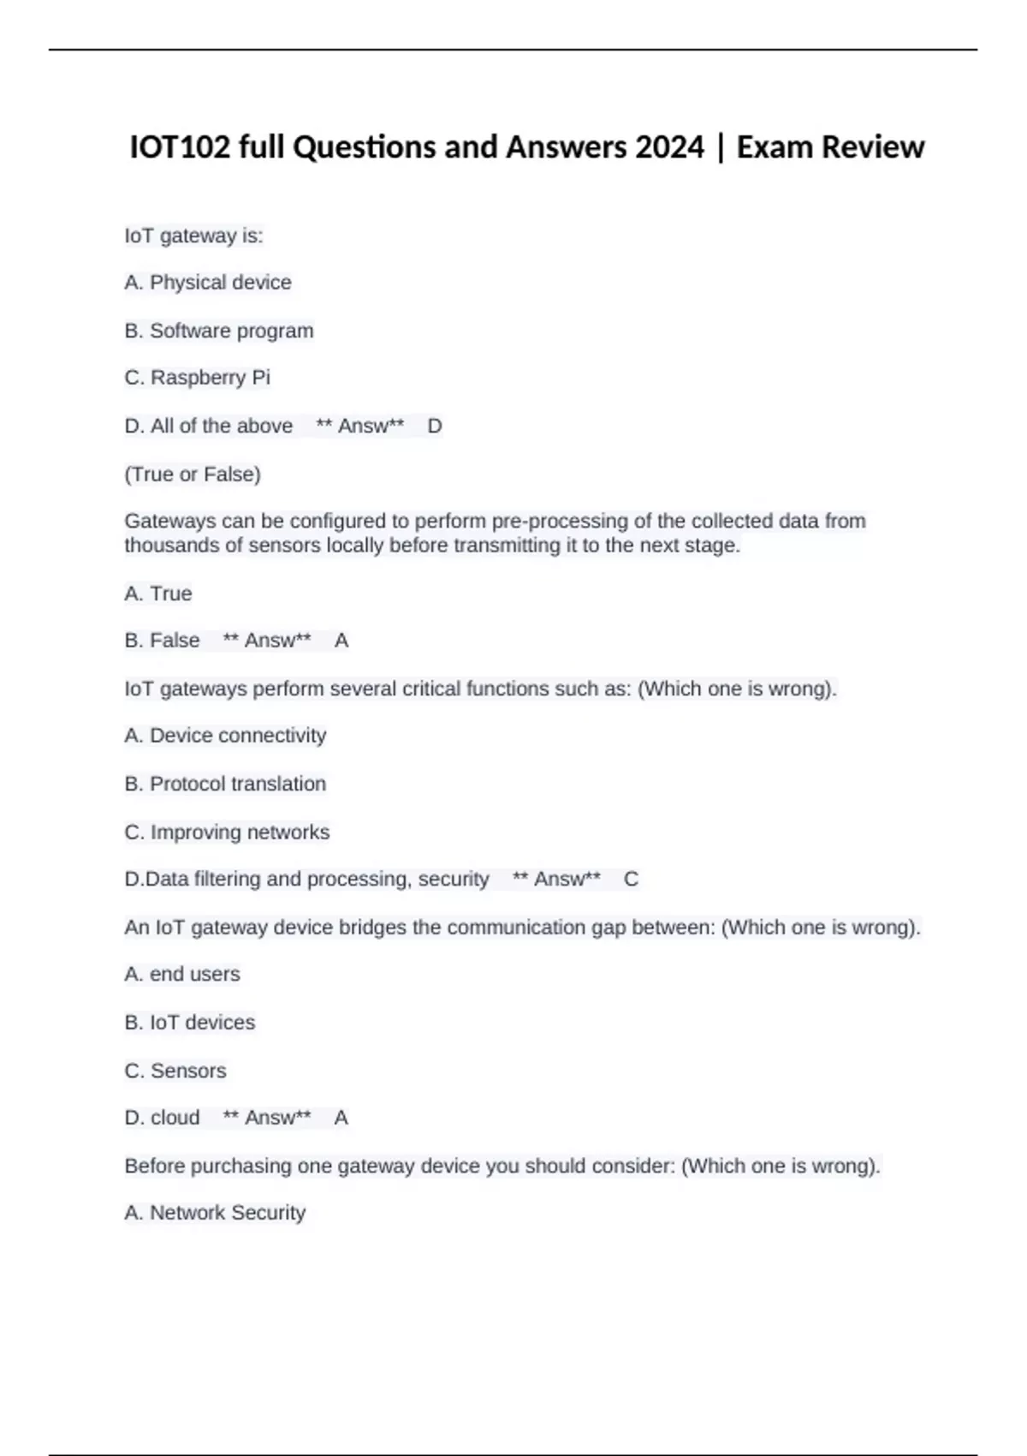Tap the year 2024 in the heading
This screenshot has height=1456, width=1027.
pos(669,147)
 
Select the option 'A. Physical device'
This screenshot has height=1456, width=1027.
pos(208,283)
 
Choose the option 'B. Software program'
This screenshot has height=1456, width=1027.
pos(219,331)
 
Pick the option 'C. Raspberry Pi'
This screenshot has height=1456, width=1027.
pos(198,378)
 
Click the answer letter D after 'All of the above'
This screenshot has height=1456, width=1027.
pos(435,426)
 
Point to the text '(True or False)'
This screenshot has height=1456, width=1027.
pos(193,474)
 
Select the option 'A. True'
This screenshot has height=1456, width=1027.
pos(158,594)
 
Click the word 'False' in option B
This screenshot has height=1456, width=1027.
pos(175,641)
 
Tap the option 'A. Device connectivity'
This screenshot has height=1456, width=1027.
pos(225,736)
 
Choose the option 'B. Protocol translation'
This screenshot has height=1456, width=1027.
pos(225,784)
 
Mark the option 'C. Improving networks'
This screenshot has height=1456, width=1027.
pos(227,832)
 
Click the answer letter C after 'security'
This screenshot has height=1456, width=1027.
pos(631,880)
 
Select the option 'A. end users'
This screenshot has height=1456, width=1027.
pos(182,975)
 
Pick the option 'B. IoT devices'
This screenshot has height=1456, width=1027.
pos(190,1023)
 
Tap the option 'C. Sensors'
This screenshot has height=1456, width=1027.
pos(175,1071)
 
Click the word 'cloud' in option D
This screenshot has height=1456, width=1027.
pos(175,1118)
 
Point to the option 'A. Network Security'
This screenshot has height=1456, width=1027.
pos(215,1213)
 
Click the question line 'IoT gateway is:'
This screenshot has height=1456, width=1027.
pos(194,236)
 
